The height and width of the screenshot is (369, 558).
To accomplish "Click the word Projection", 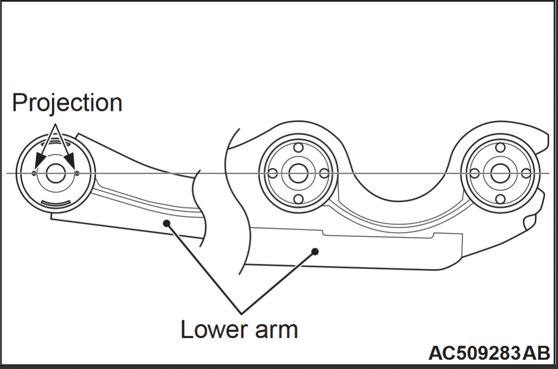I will click(67, 103).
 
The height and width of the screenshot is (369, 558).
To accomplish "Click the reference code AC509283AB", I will click(489, 353).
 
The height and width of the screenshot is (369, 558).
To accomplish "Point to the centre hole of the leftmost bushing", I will click(56, 173).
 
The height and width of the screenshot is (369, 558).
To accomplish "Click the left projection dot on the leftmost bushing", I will click(34, 173).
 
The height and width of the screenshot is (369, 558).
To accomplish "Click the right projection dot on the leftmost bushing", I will click(77, 173).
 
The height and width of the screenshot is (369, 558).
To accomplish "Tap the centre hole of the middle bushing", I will click(298, 173).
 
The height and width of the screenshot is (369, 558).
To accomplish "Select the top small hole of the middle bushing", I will click(298, 148).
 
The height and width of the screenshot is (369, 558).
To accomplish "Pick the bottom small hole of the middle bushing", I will click(298, 199).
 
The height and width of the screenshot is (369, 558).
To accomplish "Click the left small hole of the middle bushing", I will click(272, 173).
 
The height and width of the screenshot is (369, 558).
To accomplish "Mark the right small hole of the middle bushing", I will click(323, 173).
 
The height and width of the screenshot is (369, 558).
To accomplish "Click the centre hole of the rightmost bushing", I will click(500, 173).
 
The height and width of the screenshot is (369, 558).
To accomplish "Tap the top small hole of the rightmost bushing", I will click(500, 148).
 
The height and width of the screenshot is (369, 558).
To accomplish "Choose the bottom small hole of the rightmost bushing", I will click(500, 199).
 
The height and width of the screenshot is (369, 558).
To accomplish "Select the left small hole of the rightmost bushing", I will click(474, 173).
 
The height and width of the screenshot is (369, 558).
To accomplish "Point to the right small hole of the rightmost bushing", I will click(525, 173).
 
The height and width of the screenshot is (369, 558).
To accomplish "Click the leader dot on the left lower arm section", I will click(166, 223).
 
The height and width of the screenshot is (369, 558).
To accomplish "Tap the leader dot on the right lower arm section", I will click(315, 251).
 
